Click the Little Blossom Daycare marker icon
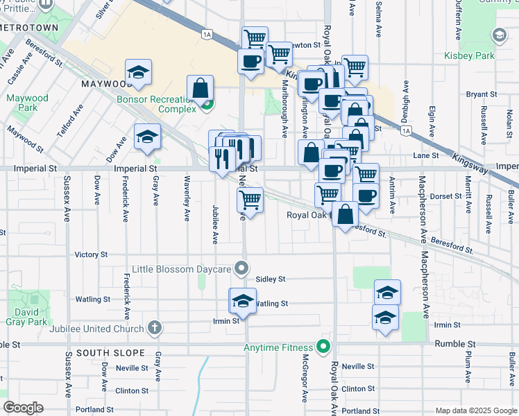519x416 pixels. pos(241,267)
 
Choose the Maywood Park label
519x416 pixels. pos(27,103)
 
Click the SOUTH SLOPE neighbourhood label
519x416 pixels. pos(103,353)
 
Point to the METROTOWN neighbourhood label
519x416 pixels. pos(28,33)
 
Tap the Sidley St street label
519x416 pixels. pos(271,279)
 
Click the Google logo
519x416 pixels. pos(23,408)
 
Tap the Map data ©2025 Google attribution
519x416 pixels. pos(475,410)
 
